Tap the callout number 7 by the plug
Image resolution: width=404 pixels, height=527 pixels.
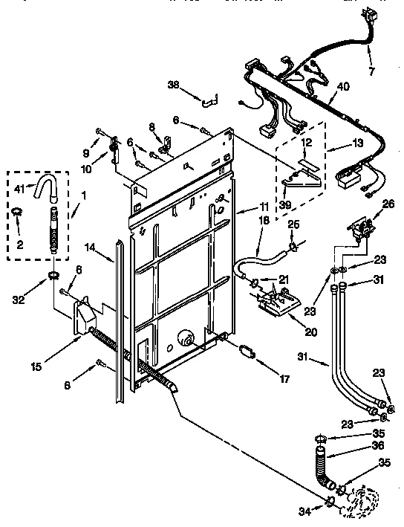pos(372,71)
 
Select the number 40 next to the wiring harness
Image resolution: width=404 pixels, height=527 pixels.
pos(342,87)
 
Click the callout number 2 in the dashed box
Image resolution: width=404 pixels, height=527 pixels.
pos(21,243)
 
